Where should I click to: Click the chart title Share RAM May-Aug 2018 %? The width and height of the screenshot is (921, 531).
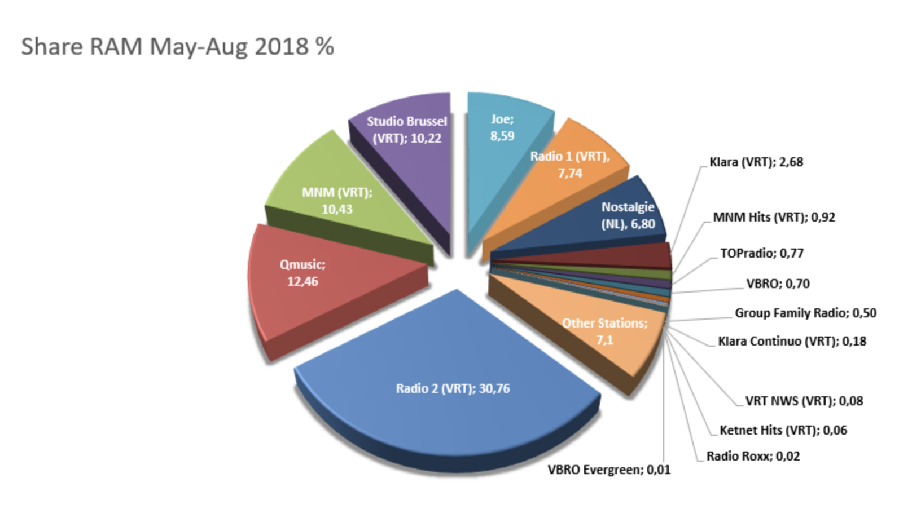(x=177, y=46)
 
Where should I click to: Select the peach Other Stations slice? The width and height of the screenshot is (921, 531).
(x=598, y=333)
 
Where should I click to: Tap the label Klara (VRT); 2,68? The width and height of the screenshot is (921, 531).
(x=756, y=162)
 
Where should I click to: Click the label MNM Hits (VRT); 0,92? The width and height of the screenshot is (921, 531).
(x=774, y=218)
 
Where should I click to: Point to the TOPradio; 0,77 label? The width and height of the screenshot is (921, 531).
(x=761, y=254)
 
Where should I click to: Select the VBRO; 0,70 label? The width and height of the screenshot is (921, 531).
(x=778, y=284)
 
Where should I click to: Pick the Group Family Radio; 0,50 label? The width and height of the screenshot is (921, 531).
(x=805, y=313)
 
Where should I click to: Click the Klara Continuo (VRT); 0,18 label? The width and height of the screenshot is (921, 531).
(x=792, y=342)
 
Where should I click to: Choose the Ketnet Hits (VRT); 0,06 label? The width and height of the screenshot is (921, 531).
(x=783, y=431)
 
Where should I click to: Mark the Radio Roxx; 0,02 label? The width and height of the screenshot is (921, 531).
(x=753, y=457)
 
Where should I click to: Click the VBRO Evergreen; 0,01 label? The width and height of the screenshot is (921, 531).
(x=609, y=470)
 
